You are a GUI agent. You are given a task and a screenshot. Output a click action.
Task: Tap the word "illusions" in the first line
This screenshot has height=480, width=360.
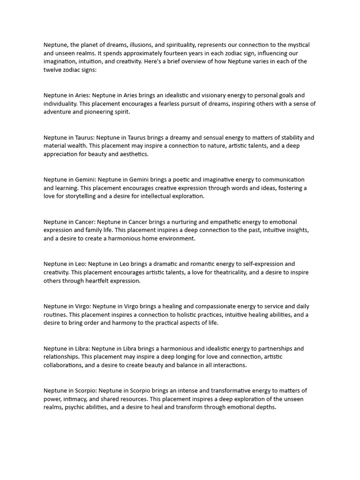coord(136,45)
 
